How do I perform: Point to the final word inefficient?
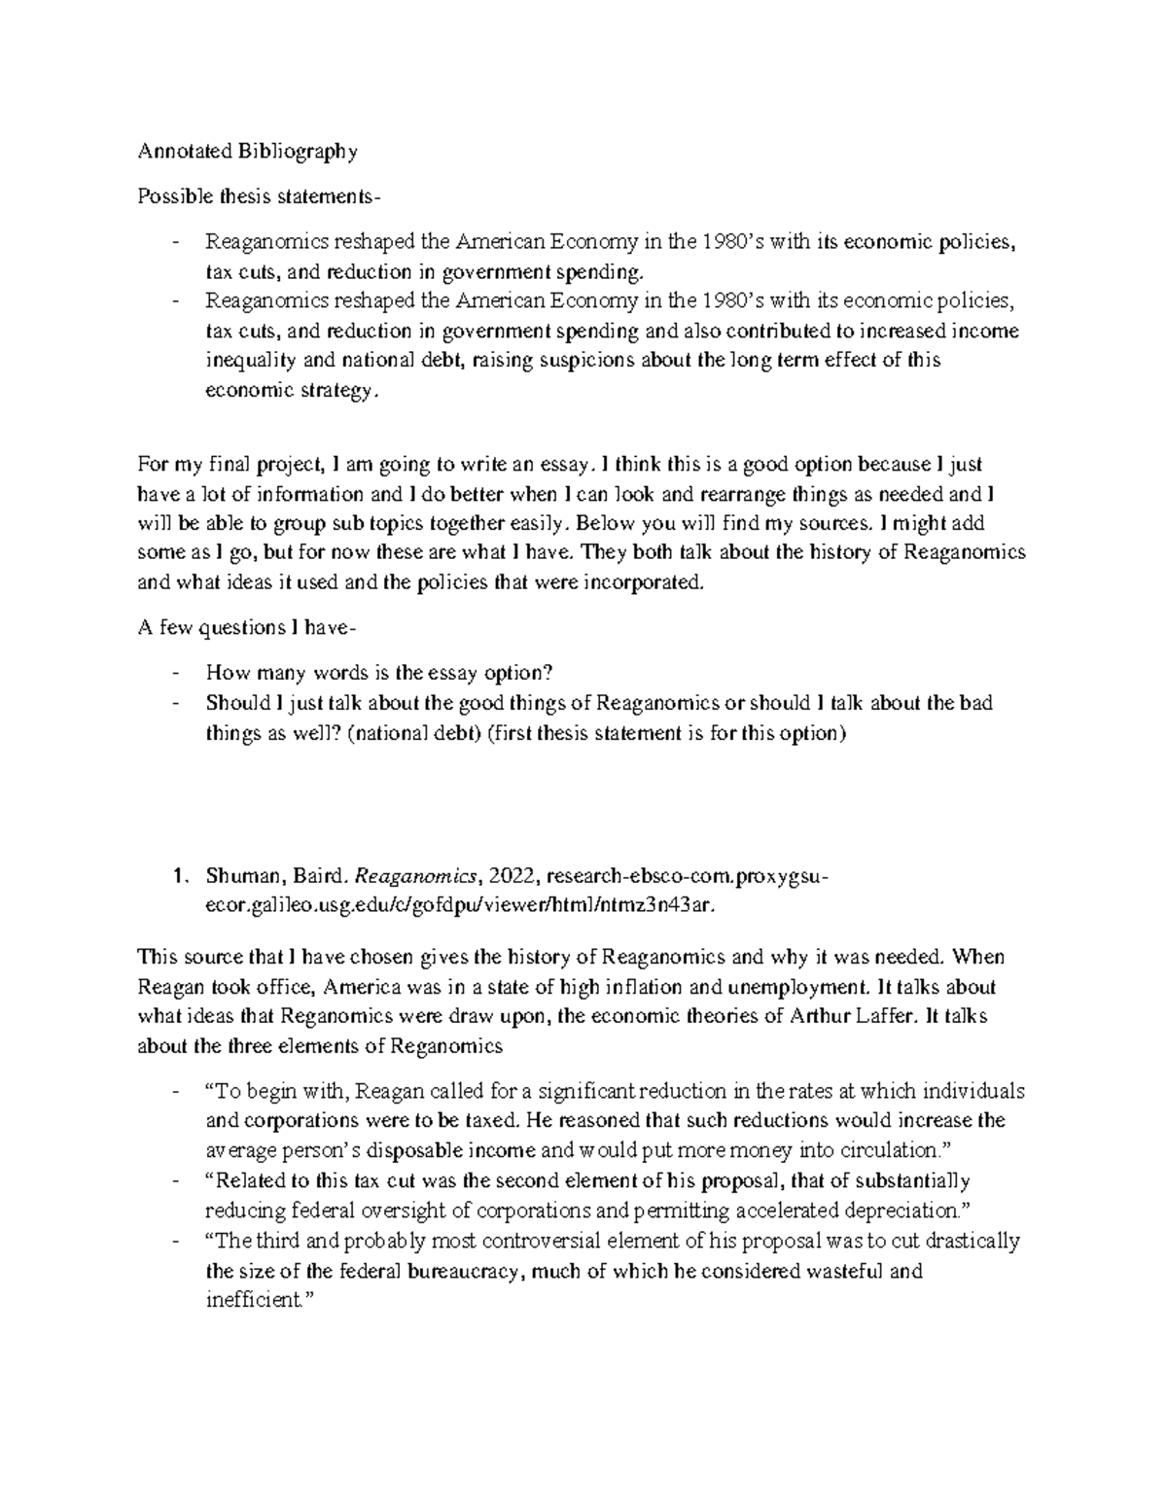[x=253, y=1301]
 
